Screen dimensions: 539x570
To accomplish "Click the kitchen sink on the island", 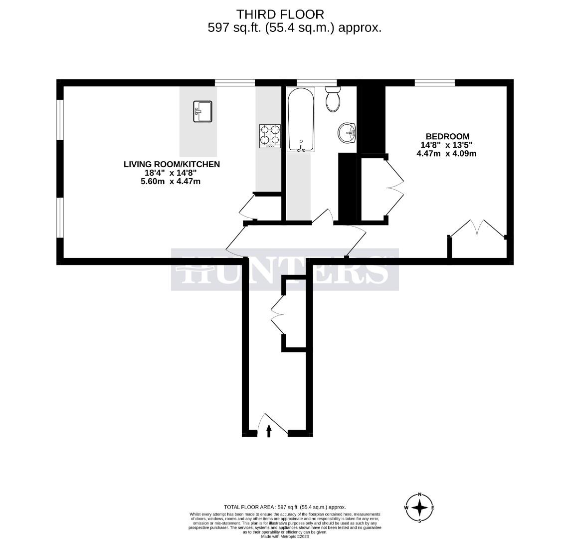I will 202,111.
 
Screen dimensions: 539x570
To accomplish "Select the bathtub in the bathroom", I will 301,120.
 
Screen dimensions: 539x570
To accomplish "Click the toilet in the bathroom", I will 333,99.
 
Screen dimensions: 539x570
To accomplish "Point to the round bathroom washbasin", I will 347,133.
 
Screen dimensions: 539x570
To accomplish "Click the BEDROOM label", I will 447,136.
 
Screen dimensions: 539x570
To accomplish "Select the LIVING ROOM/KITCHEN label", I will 172,164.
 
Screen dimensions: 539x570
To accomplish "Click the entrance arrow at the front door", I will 269,430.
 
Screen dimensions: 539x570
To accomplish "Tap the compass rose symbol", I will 420,508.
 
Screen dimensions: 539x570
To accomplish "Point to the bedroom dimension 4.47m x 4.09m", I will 446,154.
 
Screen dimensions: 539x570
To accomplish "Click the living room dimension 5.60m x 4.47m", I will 171,181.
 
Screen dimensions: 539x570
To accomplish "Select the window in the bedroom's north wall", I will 434,83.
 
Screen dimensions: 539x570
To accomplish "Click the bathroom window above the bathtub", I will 317,83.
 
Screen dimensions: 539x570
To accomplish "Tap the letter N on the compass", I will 420,495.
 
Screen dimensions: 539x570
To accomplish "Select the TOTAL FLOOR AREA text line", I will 285,507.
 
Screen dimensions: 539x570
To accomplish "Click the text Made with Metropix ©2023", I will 285,537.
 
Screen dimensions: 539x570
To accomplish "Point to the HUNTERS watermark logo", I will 285,269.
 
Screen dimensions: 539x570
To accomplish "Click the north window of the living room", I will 234,83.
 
